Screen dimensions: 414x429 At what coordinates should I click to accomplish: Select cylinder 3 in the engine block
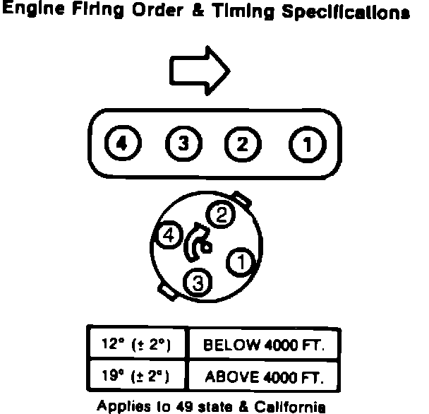182,144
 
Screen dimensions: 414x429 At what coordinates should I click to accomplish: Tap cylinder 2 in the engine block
242,144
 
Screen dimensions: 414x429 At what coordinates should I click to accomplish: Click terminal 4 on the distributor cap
169,236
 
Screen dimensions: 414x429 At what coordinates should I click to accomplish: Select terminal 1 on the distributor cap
240,262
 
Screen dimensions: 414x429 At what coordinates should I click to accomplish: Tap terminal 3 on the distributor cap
197,283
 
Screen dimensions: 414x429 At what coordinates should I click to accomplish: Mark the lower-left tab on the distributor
167,290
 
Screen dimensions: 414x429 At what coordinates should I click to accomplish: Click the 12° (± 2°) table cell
136,345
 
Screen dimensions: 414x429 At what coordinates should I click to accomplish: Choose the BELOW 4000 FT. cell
262,345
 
